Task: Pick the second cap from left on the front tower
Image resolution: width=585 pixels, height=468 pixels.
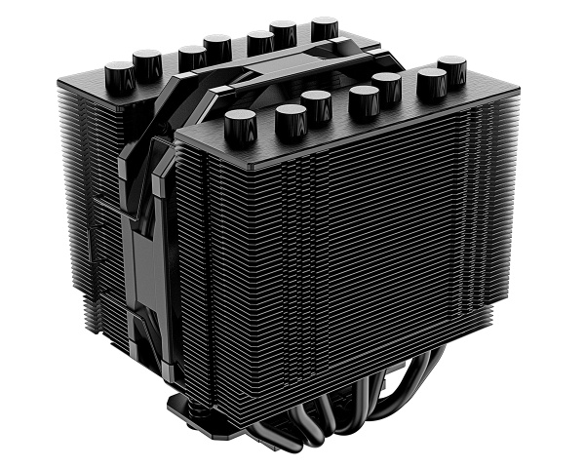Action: point(291,119)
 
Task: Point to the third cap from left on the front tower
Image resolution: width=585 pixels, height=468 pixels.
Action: point(317,102)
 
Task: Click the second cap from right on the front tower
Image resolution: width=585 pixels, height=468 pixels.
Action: point(431,84)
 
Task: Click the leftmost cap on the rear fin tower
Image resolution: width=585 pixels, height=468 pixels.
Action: point(120,74)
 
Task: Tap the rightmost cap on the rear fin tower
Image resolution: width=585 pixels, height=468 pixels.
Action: point(324,26)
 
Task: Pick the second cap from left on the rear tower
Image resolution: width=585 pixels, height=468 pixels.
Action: point(147,64)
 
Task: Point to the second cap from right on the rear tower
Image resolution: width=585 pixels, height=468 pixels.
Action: point(283,30)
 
